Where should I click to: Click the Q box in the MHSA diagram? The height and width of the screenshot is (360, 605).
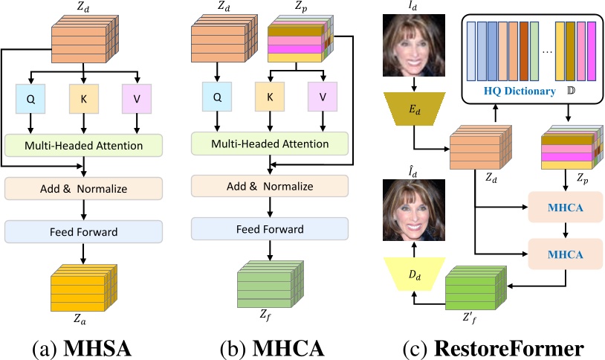[31, 99]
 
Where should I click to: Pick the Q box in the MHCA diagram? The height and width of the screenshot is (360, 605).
[218, 97]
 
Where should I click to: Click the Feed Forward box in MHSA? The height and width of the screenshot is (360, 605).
[83, 232]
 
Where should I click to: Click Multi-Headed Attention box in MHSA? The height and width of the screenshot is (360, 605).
[83, 144]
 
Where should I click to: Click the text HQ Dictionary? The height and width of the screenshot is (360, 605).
[518, 91]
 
